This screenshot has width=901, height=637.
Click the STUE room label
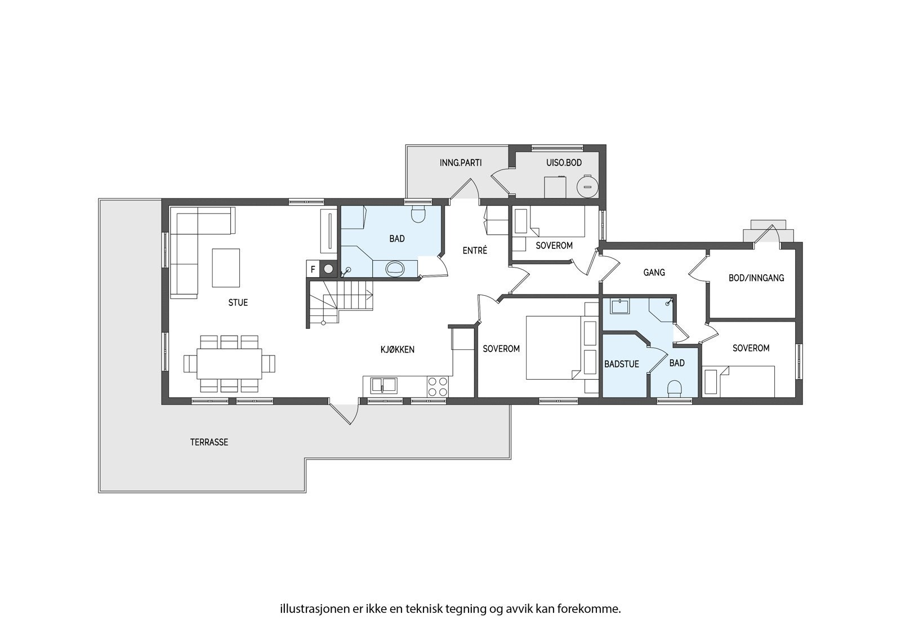click(238, 302)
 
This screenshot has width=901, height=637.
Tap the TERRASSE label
click(209, 442)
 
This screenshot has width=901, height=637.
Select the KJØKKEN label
click(398, 350)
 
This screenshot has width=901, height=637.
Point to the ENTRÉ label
click(475, 250)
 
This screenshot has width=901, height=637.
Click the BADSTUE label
click(622, 364)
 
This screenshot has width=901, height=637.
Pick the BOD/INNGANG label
click(756, 278)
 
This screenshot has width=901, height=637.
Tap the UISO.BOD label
click(564, 163)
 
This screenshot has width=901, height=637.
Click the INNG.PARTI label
click(461, 163)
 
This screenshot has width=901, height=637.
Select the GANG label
click(654, 273)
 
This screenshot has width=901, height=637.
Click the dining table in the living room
click(229, 364)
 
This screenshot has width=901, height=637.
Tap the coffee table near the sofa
click(226, 268)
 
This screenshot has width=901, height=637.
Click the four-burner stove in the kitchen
click(438, 386)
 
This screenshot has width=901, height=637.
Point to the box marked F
click(313, 269)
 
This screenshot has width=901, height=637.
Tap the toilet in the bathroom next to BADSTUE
click(675, 389)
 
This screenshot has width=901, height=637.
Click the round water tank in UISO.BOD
click(587, 186)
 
